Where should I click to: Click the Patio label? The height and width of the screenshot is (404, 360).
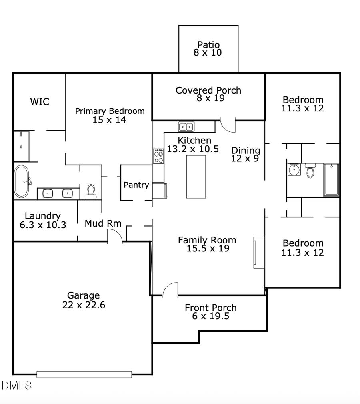pyautogui.click(x=208, y=45)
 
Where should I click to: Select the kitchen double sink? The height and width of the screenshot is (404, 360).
pyautogui.click(x=186, y=127)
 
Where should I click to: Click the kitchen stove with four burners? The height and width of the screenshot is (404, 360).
pyautogui.click(x=159, y=156)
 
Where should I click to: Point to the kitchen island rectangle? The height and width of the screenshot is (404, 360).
pyautogui.click(x=196, y=177)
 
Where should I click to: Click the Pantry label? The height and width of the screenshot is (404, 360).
pyautogui.click(x=136, y=185)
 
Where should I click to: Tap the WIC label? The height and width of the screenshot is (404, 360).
pyautogui.click(x=40, y=102)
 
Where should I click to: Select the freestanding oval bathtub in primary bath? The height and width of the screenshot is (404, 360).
pyautogui.click(x=22, y=182)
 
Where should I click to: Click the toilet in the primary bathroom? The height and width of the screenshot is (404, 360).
pyautogui.click(x=91, y=191)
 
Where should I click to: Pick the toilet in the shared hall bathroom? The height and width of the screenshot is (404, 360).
pyautogui.click(x=310, y=171)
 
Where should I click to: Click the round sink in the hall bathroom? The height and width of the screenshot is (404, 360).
pyautogui.click(x=294, y=170)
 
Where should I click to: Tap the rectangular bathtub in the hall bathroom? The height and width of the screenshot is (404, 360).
pyautogui.click(x=331, y=180)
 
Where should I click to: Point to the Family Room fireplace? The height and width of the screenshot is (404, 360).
pyautogui.click(x=258, y=252)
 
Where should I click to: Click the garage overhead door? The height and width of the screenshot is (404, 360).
pyautogui.click(x=84, y=374)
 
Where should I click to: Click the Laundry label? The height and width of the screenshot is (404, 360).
pyautogui.click(x=43, y=216)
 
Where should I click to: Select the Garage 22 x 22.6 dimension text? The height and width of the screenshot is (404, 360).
pyautogui.click(x=84, y=305)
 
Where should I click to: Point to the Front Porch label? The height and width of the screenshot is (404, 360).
pyautogui.click(x=210, y=308)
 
